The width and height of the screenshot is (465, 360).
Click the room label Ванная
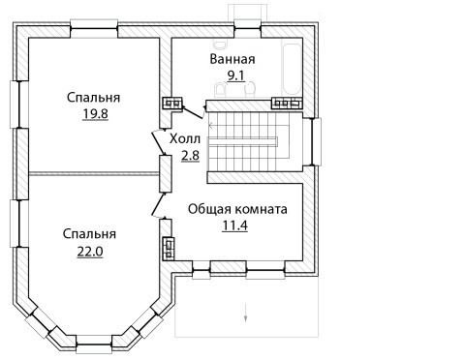click(x=232, y=59)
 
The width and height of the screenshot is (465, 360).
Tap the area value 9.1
click(x=236, y=75)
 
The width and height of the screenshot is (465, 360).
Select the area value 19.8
click(x=95, y=114)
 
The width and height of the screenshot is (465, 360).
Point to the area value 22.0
click(x=90, y=252)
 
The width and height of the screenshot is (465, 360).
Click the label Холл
click(x=185, y=138)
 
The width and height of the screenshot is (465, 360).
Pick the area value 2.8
click(x=190, y=156)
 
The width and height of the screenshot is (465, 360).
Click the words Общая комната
click(x=237, y=209)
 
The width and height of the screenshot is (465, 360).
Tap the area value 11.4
click(x=235, y=225)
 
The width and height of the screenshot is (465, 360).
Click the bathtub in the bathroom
click(x=292, y=69)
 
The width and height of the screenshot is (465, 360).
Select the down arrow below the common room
click(x=245, y=313)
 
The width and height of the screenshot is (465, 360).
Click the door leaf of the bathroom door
click(x=193, y=112)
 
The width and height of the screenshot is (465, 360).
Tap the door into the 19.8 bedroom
click(x=158, y=143)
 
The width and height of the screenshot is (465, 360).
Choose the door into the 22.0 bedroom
click(x=158, y=204)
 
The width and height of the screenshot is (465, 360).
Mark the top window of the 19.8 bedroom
click(x=94, y=28)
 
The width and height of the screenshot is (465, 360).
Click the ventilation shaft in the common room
click(x=169, y=248)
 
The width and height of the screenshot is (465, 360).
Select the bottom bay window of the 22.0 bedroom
click(x=94, y=345)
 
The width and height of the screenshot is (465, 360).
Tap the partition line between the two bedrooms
click(x=94, y=174)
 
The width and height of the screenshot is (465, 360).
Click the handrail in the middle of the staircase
click(x=242, y=141)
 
